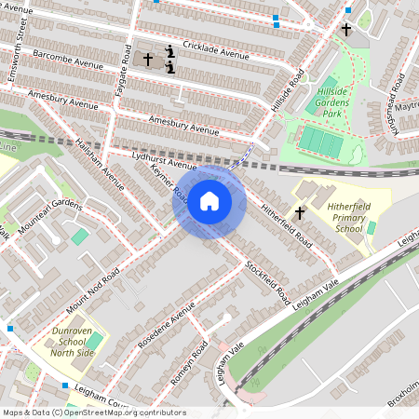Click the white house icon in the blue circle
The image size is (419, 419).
[x=209, y=201]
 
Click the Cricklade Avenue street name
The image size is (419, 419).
[x=216, y=50]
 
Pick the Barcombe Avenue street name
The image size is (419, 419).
[x=67, y=59]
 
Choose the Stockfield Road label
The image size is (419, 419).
[x=267, y=278]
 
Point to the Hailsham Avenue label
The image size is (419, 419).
[x=100, y=159]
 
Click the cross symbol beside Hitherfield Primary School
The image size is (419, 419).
[x=300, y=213]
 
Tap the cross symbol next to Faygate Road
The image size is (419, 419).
[x=147, y=59]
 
